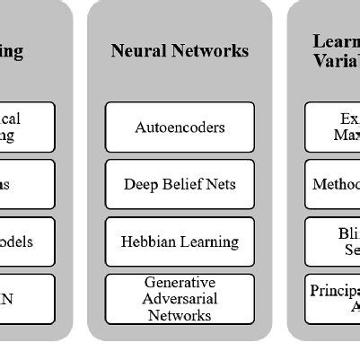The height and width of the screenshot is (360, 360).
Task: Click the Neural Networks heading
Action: [180, 51]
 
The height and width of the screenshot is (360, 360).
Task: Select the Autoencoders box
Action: [180, 127]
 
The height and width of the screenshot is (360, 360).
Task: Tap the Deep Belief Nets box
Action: [180, 184]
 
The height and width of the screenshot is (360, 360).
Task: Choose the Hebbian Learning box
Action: [180, 241]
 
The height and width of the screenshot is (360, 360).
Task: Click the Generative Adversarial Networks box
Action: [180, 299]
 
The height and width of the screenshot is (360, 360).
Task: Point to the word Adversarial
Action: [180, 299]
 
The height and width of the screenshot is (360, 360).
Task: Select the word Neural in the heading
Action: [135, 51]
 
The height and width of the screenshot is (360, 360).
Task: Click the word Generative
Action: [180, 283]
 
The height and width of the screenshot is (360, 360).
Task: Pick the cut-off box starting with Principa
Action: [333, 299]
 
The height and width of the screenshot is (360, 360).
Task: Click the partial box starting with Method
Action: [333, 184]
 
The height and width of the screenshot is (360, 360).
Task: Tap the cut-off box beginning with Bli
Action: [333, 241]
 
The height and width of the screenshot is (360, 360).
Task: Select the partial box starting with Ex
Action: [333, 127]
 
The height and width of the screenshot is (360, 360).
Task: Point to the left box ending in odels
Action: [27, 241]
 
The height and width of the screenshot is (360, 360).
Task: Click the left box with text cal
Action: [27, 127]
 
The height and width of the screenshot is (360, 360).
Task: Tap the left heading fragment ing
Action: [12, 51]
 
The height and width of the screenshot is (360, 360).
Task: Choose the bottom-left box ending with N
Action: [27, 299]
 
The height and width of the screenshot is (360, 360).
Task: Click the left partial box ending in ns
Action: [27, 184]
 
